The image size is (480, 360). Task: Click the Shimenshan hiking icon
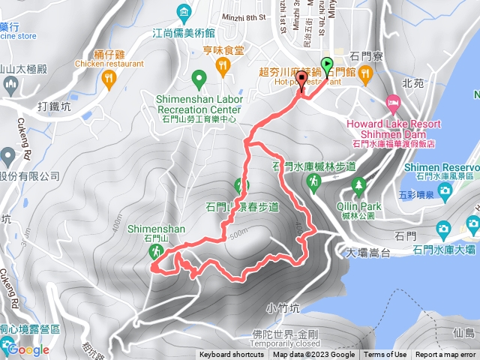click(x=156, y=251)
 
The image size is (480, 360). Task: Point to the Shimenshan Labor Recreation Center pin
click(x=199, y=77)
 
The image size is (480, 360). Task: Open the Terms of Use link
click(x=385, y=355)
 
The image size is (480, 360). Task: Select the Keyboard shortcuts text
click(x=232, y=355)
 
